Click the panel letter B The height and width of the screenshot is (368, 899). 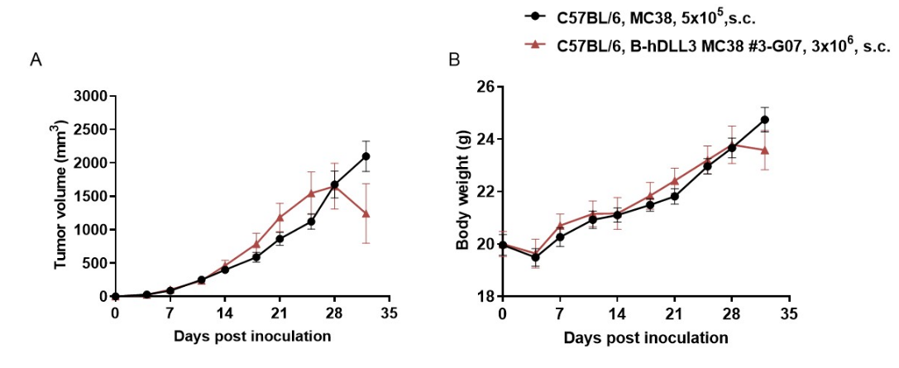454,60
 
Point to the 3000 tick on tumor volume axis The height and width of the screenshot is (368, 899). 88,96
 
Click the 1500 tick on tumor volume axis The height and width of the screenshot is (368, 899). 88,196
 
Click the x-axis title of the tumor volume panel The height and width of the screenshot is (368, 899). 252,336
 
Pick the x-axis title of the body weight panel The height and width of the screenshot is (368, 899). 646,337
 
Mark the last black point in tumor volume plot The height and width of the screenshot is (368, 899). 366,156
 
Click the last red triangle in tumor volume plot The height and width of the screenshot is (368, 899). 366,213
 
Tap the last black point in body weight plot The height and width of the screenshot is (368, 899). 765,120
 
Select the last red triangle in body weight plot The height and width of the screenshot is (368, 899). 765,150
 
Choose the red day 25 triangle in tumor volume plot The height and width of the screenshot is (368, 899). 311,194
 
